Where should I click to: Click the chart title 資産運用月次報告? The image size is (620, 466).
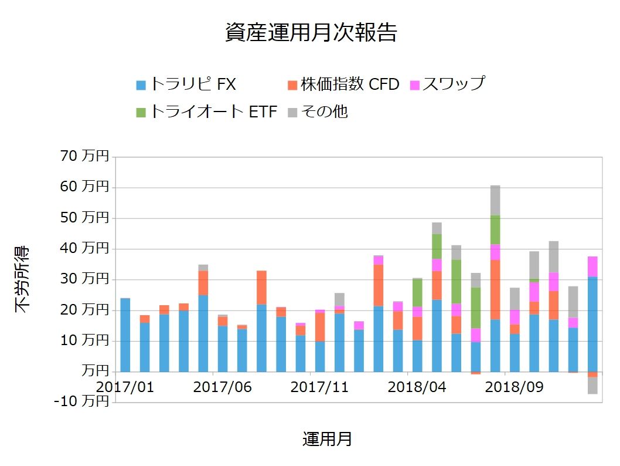click(311, 33)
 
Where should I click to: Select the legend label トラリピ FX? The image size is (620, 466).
click(193, 85)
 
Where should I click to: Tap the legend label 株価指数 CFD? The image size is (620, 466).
click(350, 85)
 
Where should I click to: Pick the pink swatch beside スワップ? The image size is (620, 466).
click(414, 85)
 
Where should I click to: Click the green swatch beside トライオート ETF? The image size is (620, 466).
click(141, 112)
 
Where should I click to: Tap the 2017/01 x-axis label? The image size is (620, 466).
click(125, 387)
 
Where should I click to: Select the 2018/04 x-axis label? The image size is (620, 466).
click(417, 387)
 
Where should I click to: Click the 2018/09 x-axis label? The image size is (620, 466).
click(515, 387)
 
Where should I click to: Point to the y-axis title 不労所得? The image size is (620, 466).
click(22, 279)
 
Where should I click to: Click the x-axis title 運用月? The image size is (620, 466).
click(327, 439)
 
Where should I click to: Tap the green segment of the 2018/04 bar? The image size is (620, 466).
click(417, 292)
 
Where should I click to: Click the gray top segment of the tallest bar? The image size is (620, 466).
click(495, 200)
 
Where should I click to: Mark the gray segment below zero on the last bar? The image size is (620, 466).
click(592, 385)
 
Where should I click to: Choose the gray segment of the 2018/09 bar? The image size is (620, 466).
click(515, 298)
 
